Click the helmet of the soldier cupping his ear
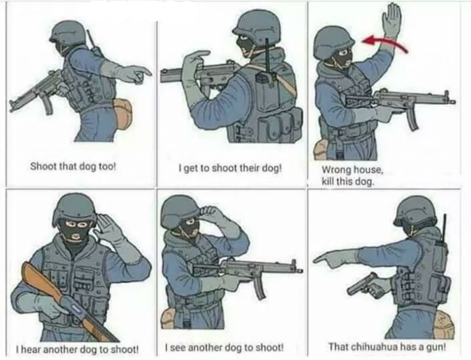74,208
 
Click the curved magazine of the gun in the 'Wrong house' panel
412,119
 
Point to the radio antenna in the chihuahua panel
444,229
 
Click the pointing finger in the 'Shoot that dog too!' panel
143,71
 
